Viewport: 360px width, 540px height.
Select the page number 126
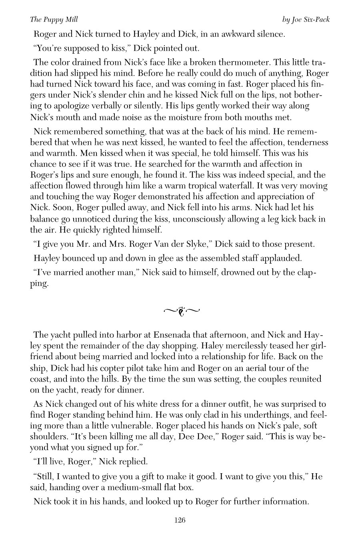[x=180, y=520]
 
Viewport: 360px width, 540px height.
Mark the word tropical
[x=184, y=186]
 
